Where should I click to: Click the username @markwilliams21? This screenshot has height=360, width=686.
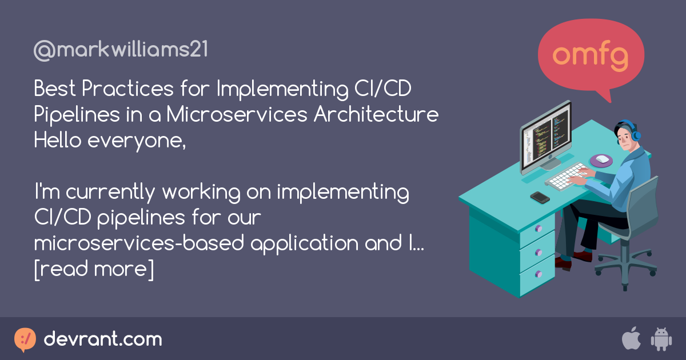(x=121, y=50)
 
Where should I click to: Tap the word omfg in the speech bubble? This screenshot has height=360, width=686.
(x=591, y=55)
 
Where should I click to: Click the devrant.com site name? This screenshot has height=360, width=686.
(x=103, y=339)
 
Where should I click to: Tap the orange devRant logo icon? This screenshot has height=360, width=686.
(x=25, y=339)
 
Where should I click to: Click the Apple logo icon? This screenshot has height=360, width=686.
(x=631, y=339)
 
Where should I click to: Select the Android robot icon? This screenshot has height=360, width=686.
(x=661, y=339)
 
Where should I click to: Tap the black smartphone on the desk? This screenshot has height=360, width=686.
(x=540, y=197)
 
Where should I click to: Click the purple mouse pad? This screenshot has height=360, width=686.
(x=601, y=161)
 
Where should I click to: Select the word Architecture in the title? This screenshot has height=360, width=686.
(x=376, y=114)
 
